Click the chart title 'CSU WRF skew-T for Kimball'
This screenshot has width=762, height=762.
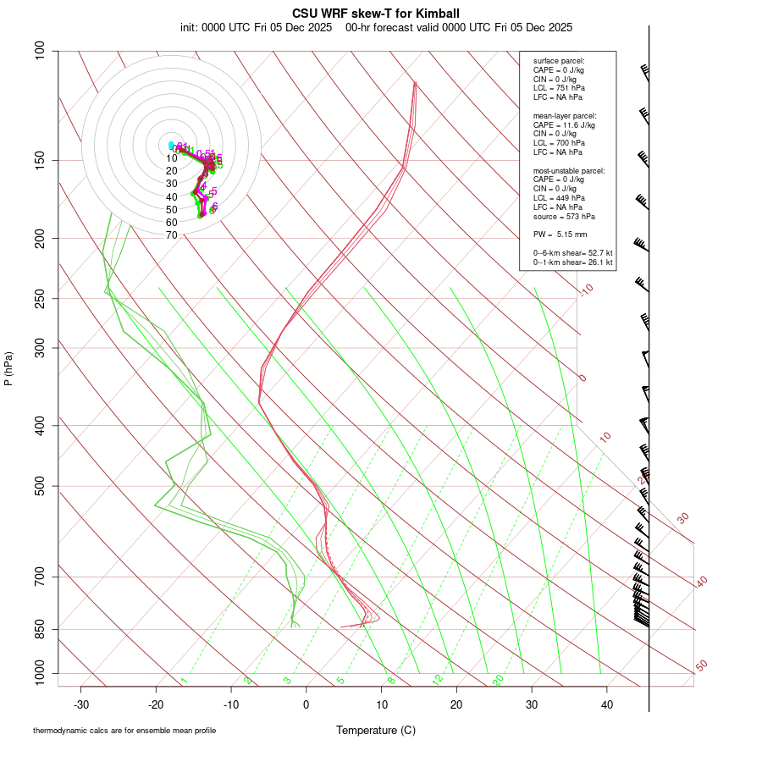(x=376, y=14)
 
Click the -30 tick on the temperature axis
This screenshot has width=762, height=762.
(x=81, y=704)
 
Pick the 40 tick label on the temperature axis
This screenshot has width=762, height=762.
(x=607, y=704)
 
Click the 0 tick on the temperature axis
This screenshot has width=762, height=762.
(x=306, y=704)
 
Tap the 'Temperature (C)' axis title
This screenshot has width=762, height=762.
(x=376, y=730)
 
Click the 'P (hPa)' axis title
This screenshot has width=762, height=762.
(x=8, y=368)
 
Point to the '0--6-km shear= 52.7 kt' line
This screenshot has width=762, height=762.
(x=572, y=253)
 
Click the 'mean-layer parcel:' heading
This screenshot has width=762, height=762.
(x=565, y=116)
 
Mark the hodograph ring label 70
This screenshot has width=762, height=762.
(x=171, y=235)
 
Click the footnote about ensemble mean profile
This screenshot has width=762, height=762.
(x=124, y=730)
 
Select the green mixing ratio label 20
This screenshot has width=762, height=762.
(x=498, y=679)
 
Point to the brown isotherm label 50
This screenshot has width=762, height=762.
(x=701, y=666)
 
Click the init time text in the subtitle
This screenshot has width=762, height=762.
(x=256, y=27)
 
